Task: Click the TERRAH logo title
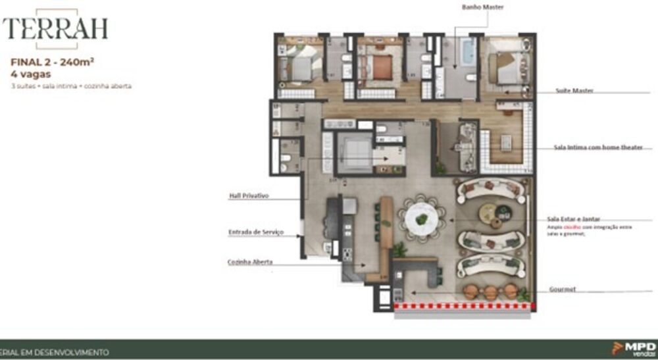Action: click(55, 28)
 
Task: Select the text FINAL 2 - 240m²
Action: click(52, 63)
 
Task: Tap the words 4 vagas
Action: click(32, 74)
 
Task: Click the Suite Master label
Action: click(574, 91)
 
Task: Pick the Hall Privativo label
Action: click(248, 195)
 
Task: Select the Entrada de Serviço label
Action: click(255, 232)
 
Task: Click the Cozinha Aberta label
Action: click(250, 262)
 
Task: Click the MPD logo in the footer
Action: click(634, 348)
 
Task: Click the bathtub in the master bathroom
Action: click(467, 51)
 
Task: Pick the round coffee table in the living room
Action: click(490, 213)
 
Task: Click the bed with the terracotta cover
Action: click(377, 66)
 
